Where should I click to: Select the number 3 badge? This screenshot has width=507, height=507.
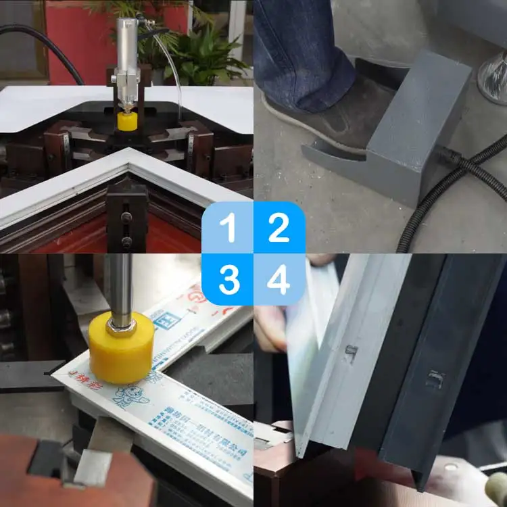228,279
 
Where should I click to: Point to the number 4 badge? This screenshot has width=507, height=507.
279,279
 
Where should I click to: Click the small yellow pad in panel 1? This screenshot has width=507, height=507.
126,121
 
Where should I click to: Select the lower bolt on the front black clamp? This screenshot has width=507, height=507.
126,241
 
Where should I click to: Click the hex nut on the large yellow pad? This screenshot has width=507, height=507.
122,327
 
